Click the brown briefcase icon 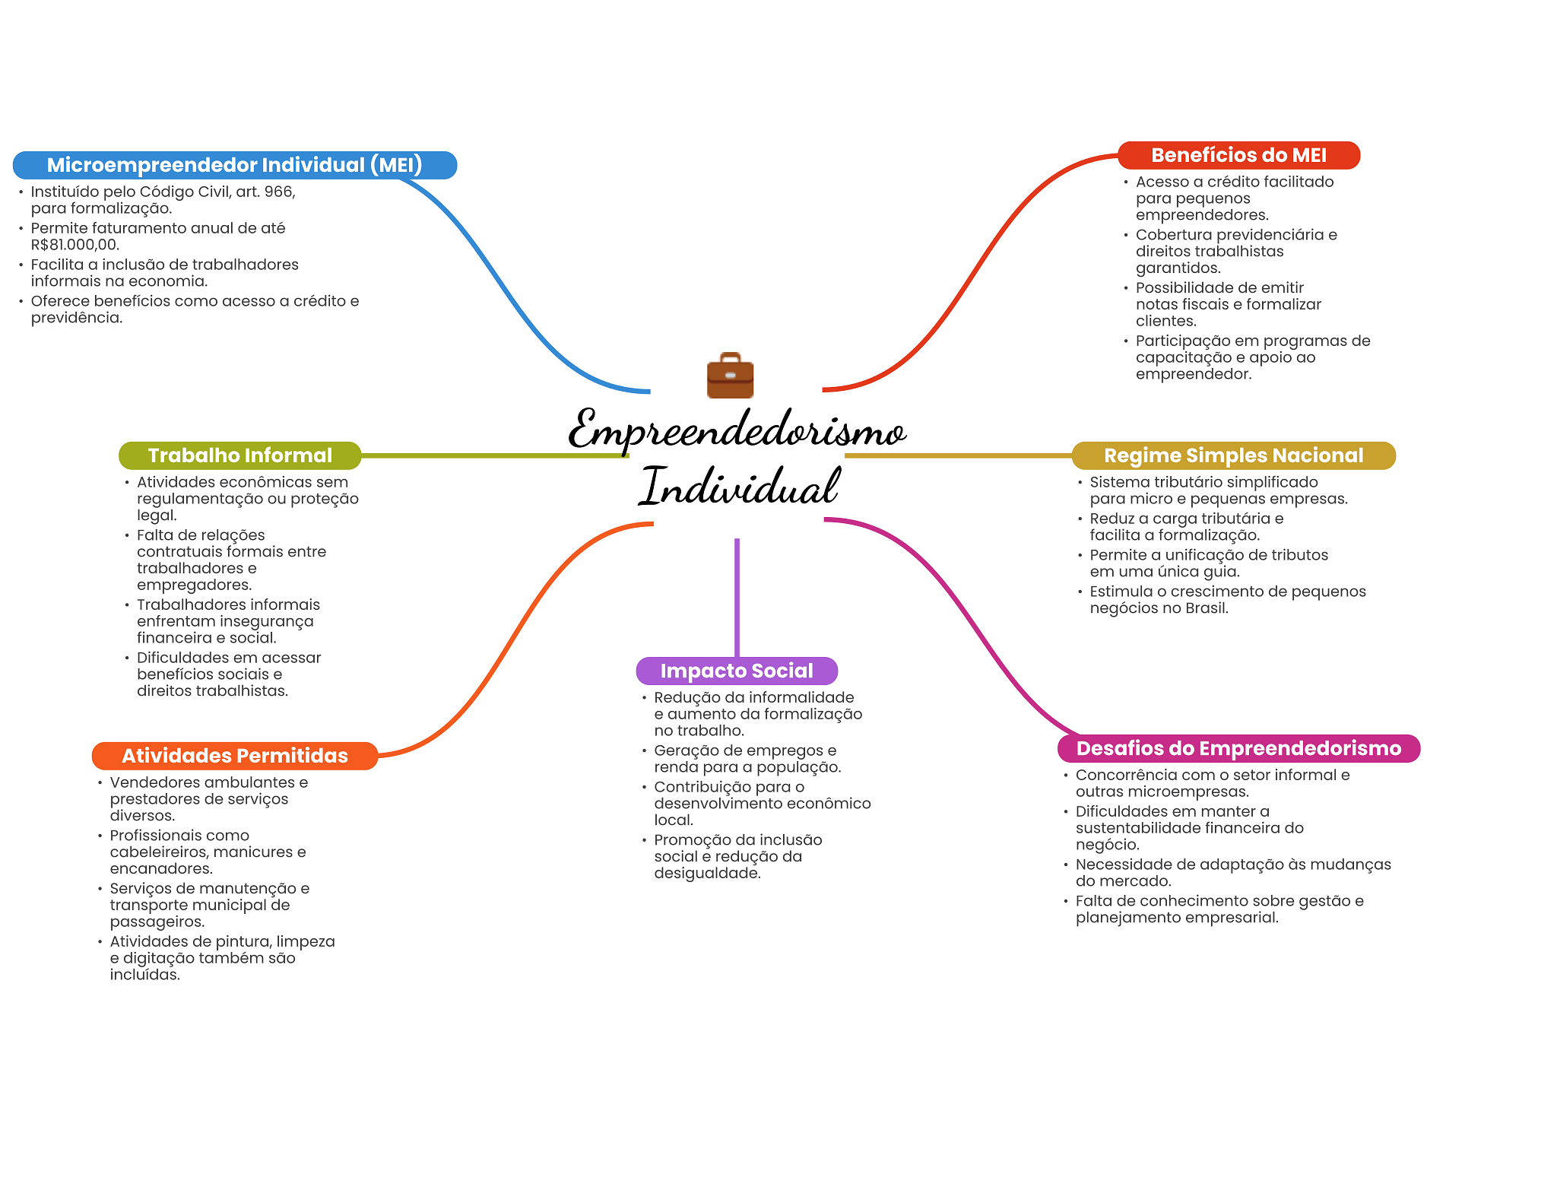(730, 375)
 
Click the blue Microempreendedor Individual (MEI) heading (235, 165)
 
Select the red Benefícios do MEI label (1238, 155)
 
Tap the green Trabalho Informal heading (240, 455)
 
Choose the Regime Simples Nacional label (1233, 455)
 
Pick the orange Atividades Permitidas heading (235, 756)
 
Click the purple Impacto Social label (737, 671)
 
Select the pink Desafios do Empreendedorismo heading (1238, 748)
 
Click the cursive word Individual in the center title (739, 486)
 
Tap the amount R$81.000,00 (75, 245)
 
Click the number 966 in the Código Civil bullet (279, 192)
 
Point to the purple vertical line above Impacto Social (737, 598)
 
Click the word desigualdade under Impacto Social (707, 874)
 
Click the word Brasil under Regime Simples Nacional (1207, 608)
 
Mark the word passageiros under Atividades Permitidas (157, 922)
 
